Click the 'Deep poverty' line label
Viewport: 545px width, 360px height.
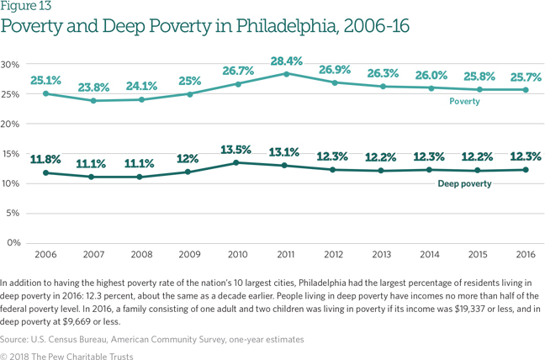click(464, 183)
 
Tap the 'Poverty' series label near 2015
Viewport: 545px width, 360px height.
click(464, 101)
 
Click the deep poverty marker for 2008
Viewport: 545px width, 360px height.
click(140, 177)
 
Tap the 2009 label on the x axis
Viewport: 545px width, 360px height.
click(189, 252)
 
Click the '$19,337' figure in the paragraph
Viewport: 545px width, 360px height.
click(466, 308)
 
